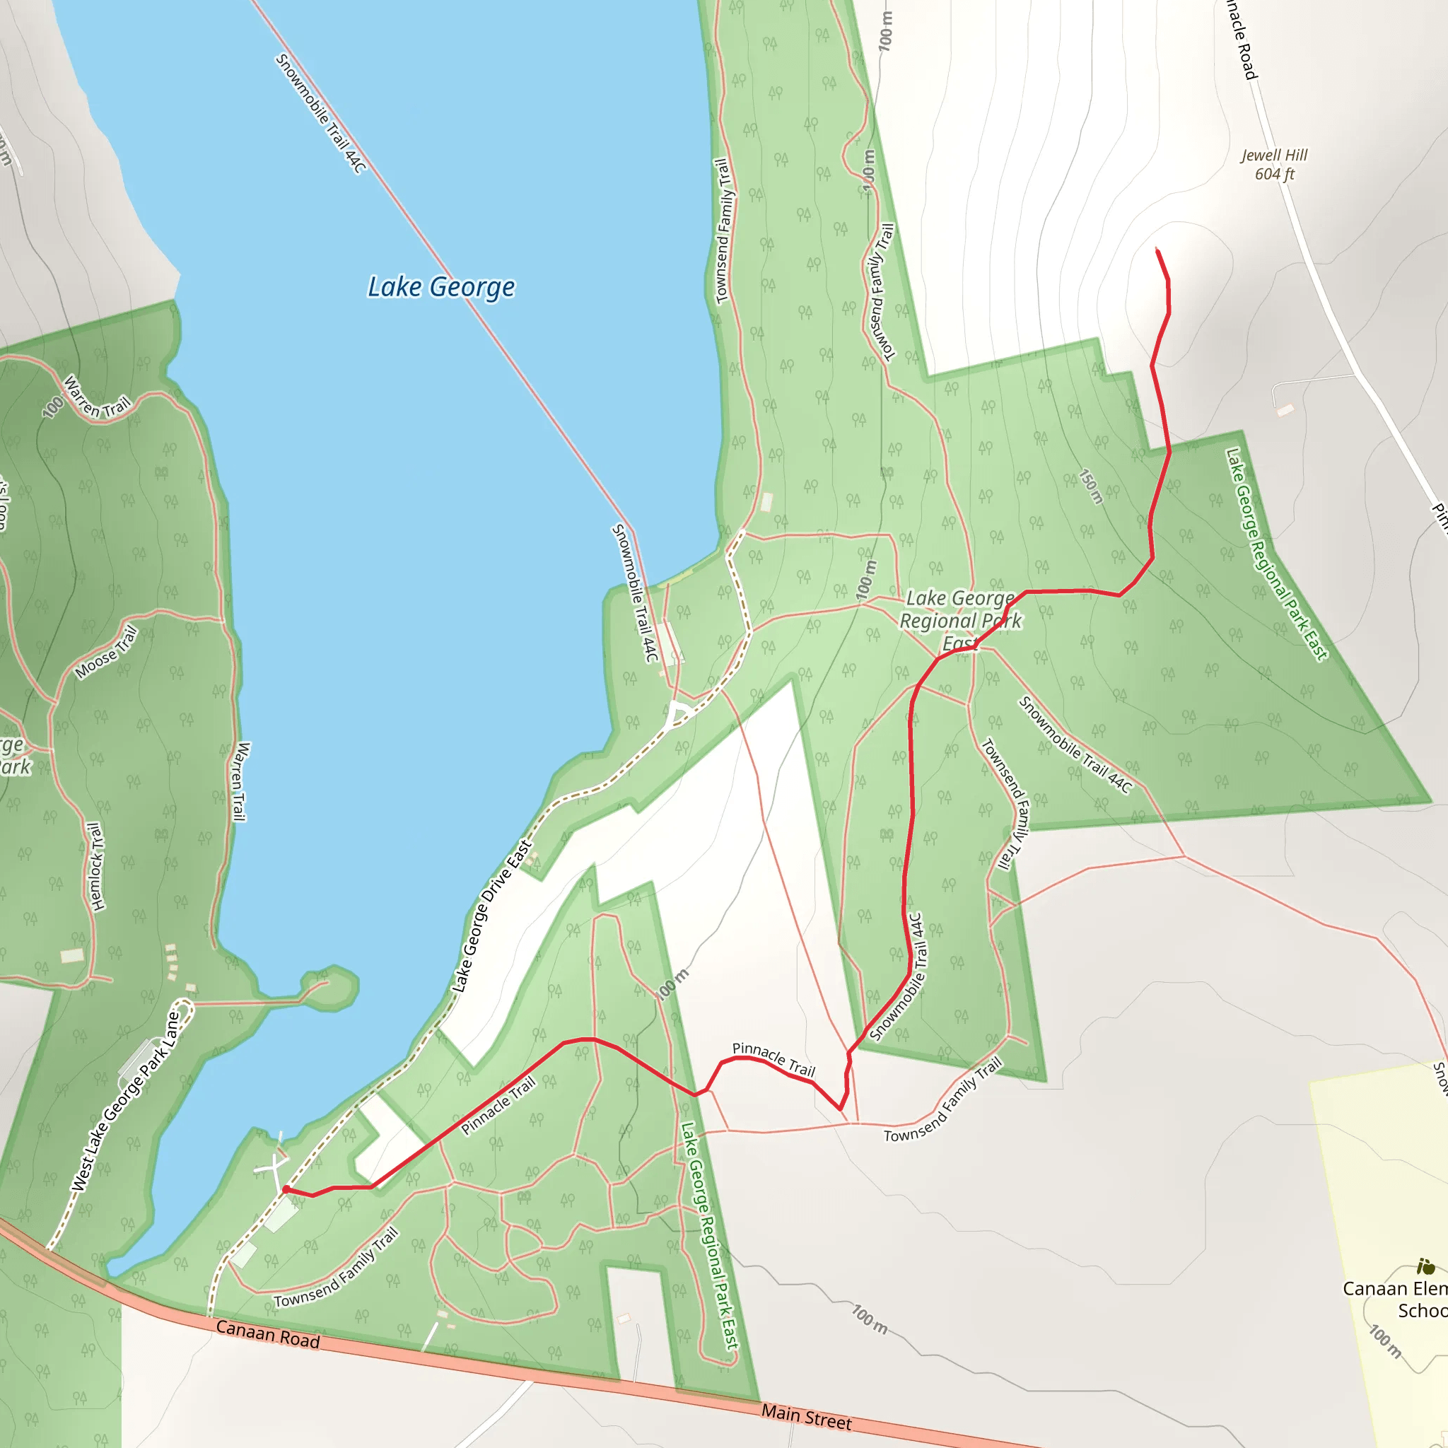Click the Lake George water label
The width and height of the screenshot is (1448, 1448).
(x=440, y=287)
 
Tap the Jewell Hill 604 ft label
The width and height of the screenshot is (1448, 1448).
(x=1273, y=164)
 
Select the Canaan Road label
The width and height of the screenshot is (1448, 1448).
(x=267, y=1333)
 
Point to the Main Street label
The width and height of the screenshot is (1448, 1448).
(x=807, y=1415)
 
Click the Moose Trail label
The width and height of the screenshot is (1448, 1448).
(x=107, y=652)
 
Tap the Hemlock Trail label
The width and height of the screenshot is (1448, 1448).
(x=95, y=866)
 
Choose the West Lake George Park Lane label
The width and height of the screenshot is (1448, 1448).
(x=126, y=1101)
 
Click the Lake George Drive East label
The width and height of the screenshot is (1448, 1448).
(x=491, y=916)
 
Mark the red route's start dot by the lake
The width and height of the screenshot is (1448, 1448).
(x=286, y=1189)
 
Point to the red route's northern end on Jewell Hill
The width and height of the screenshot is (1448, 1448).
(x=1158, y=250)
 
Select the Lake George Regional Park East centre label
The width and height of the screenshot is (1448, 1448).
(x=960, y=621)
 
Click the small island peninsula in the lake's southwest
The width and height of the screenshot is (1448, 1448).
(x=329, y=988)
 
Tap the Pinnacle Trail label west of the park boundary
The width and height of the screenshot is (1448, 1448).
(x=498, y=1105)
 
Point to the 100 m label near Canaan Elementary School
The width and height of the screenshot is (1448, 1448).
(x=1385, y=1341)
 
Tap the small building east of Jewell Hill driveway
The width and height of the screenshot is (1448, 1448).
(x=1285, y=410)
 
